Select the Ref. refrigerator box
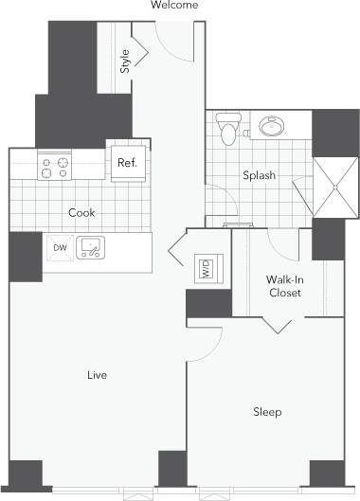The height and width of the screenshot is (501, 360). coord(127,163)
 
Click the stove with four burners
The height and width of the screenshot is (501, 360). coord(53,167)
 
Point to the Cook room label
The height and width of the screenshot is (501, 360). coord(81,213)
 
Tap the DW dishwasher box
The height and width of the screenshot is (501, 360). coord(60,248)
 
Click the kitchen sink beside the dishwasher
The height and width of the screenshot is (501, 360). coord(91,248)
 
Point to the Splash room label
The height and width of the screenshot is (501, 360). coord(258,176)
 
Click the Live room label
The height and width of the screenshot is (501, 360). coord(97,375)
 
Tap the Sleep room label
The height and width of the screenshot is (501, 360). coord(266,411)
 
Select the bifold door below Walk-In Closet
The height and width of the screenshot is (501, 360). coord(278,325)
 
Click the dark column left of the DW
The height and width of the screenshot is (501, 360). coord(25,255)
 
